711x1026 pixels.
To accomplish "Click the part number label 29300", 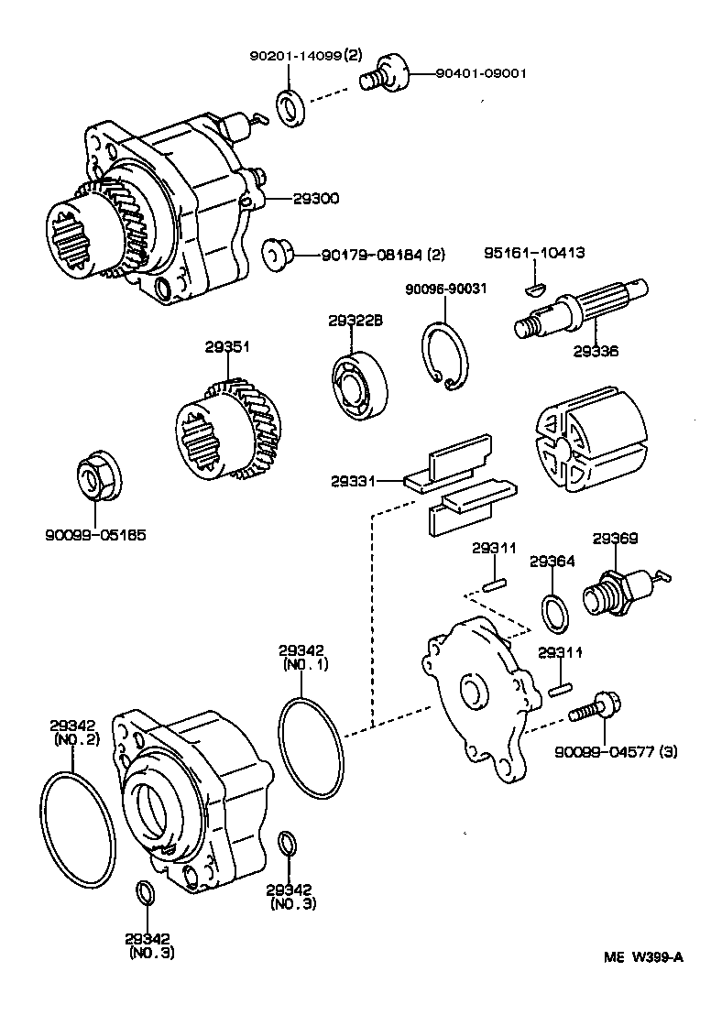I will [316, 198].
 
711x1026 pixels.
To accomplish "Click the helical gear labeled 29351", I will [225, 429].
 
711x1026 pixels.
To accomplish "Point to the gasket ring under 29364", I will [553, 613].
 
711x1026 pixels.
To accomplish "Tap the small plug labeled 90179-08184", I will [274, 253].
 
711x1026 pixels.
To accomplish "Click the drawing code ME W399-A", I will [642, 958].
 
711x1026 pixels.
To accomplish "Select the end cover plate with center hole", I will [477, 696].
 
